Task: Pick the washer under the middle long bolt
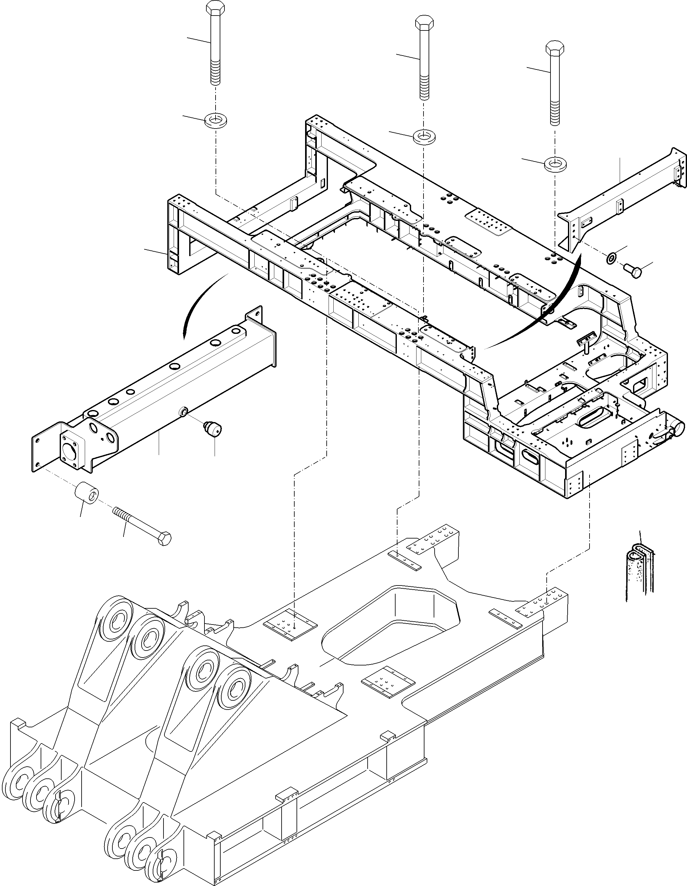424,136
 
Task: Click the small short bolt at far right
633,270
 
